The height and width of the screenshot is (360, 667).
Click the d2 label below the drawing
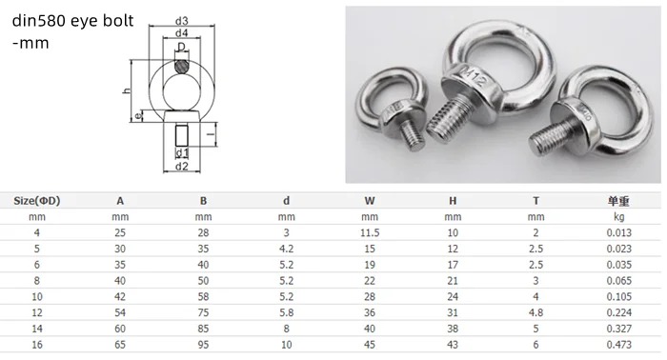[x=181, y=167]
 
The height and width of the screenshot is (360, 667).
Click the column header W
[x=369, y=201]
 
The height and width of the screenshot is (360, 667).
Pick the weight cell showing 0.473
[x=620, y=348]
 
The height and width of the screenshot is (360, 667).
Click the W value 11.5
[x=369, y=233]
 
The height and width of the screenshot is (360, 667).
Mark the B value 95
[x=203, y=348]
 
